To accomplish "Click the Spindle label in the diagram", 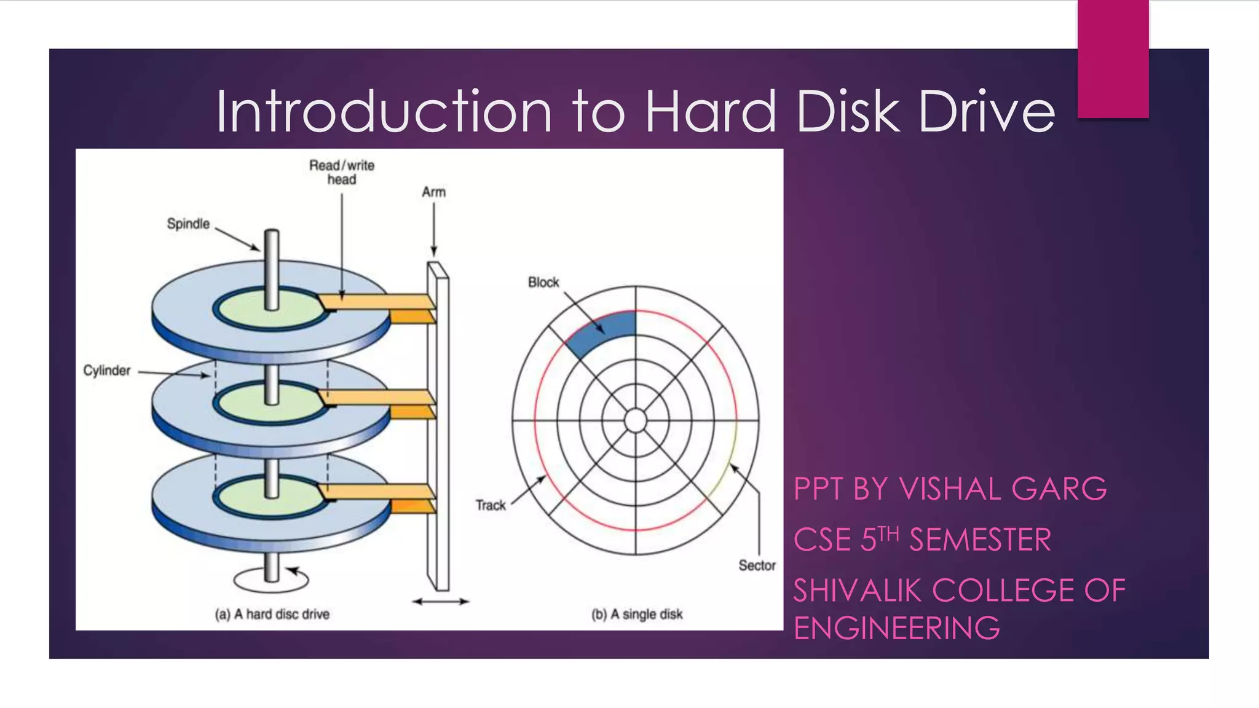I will pos(188,224).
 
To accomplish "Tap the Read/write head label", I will pos(342,172).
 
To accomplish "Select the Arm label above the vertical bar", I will pos(433,192).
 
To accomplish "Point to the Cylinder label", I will pos(107,371).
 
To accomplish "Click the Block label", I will pos(543,282).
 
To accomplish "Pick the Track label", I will pos(491,505).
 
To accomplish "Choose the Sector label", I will pos(757,565).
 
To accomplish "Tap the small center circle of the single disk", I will pos(636,421).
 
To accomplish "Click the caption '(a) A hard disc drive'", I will pos(272,614).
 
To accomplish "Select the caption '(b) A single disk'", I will pos(637,614).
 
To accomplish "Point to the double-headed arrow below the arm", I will pos(441,602).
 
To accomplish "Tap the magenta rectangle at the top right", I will pos(1113,59).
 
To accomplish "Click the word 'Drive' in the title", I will pos(987,111).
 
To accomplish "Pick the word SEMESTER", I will pos(980,540).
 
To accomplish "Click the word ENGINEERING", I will pos(896,628).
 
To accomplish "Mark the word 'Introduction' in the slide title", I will pos(384,111).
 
